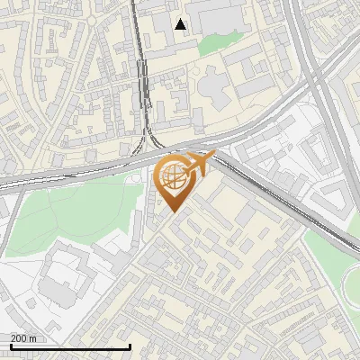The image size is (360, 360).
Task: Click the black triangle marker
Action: point(181,24)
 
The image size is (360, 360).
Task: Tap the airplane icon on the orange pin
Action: point(199,162)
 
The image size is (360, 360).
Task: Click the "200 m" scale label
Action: point(23,337)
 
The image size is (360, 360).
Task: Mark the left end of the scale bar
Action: point(10,346)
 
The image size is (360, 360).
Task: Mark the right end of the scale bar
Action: point(130,346)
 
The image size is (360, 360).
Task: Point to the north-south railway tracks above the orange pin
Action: point(143,81)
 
